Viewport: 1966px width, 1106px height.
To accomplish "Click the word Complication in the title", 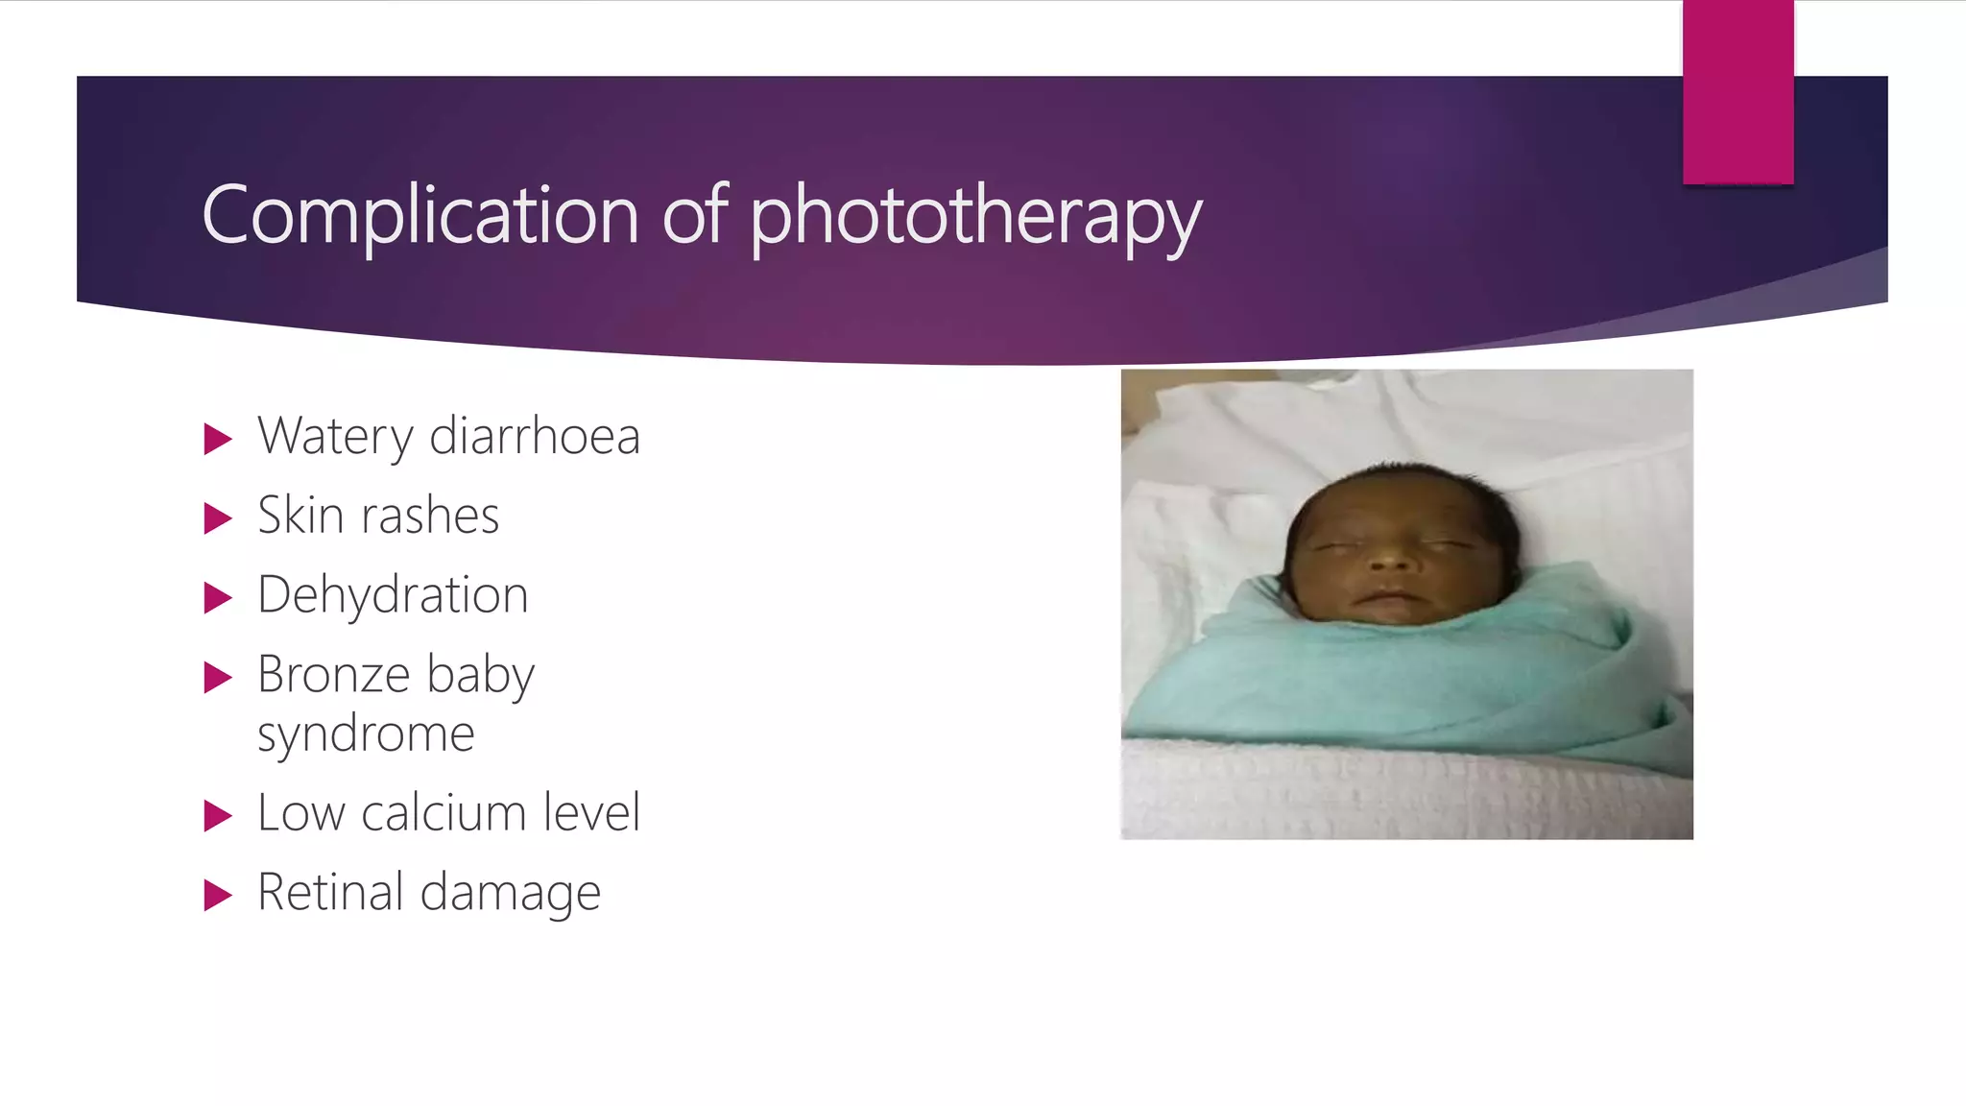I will click(420, 215).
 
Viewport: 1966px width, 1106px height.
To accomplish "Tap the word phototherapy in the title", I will click(974, 217).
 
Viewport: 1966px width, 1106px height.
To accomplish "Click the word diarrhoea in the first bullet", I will click(535, 437).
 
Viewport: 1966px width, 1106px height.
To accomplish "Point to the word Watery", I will click(335, 437).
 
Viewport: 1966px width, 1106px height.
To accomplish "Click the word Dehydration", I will click(393, 595).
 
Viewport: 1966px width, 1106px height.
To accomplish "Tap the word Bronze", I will click(334, 674).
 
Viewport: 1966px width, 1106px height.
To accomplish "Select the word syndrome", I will click(366, 734).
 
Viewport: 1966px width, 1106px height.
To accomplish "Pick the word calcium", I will click(444, 813).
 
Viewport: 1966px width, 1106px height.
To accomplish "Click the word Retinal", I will click(330, 893).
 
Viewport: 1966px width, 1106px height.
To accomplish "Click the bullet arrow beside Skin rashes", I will click(219, 518).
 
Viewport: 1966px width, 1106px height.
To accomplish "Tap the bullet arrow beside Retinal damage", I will click(219, 896).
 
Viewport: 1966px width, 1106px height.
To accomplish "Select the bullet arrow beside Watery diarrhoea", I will click(219, 440).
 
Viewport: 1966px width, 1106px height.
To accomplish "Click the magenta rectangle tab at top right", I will click(1738, 91).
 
